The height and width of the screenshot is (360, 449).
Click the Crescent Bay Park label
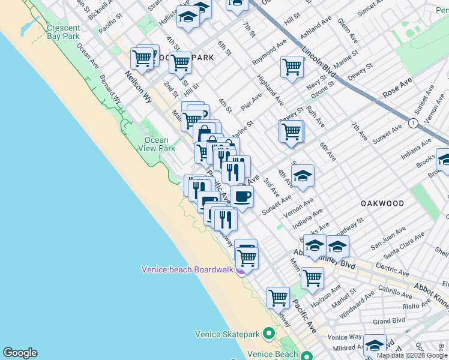click(x=63, y=32)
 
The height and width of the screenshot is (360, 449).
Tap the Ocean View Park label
click(x=157, y=144)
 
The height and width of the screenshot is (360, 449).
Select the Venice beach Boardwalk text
click(x=187, y=269)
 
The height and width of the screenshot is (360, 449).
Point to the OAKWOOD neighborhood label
click(x=382, y=203)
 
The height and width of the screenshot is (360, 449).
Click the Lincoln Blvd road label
click(x=318, y=62)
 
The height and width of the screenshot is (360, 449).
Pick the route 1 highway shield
click(x=413, y=123)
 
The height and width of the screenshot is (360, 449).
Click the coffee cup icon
click(x=242, y=196)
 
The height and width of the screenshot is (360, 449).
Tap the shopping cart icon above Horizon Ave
click(x=312, y=277)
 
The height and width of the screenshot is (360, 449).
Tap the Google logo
click(x=20, y=353)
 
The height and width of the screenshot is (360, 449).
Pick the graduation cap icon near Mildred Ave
click(x=375, y=345)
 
